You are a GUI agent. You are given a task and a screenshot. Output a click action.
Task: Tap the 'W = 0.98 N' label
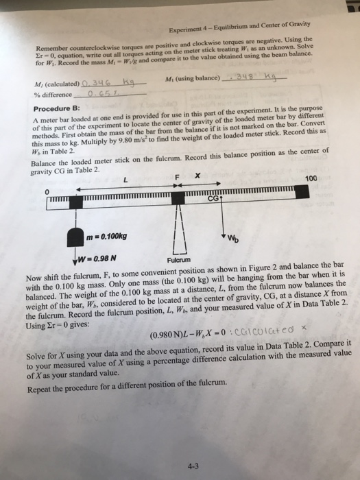pyautogui.click(x=95, y=258)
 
